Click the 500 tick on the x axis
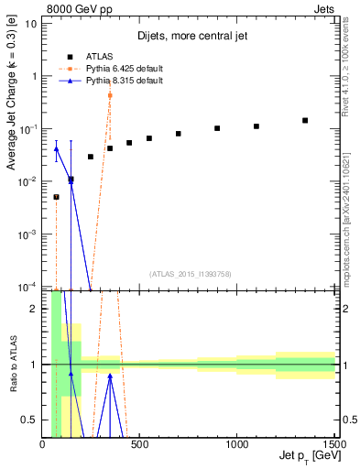(x=140, y=443)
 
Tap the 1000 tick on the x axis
(x=237, y=443)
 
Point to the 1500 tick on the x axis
(x=333, y=443)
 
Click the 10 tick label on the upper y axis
(x=30, y=23)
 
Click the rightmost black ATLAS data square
(x=305, y=120)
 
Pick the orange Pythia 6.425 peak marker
(x=110, y=95)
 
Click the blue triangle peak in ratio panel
(x=110, y=375)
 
